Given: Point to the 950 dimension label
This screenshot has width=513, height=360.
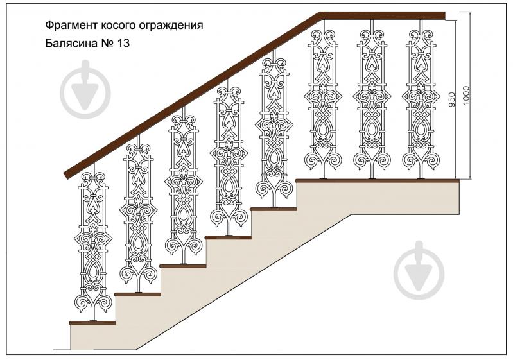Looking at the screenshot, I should click(452, 99).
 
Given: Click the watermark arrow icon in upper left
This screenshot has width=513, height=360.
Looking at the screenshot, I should click(85, 89).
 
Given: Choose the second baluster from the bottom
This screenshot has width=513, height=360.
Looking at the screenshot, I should click(139, 218).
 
